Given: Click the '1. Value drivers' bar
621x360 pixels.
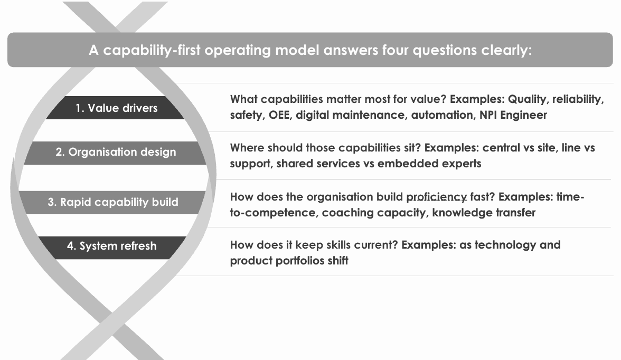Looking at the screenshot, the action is coord(115,108).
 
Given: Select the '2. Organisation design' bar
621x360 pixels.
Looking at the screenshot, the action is coord(115,153).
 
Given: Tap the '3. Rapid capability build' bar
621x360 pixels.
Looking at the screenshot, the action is coord(113,202).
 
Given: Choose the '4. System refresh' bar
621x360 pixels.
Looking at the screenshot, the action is coord(112,248).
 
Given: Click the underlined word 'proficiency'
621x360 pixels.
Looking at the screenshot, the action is coord(436,197).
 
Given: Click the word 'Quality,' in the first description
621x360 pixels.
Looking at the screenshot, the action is coord(528,99).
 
